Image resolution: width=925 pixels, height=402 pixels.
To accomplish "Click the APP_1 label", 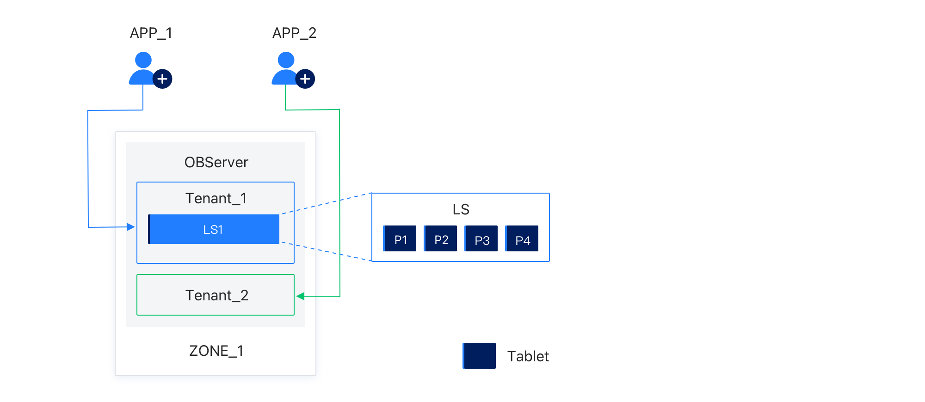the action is pos(151,33).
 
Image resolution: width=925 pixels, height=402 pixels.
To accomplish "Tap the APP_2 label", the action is pos(294,33).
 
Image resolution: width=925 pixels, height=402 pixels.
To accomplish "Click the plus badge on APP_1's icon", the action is pos(162,79).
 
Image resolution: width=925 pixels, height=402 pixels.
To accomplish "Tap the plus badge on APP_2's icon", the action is pos(305,79).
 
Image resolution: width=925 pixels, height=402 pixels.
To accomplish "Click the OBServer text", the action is pos(216,162).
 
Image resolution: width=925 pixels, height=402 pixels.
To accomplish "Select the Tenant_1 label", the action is pos(216,198).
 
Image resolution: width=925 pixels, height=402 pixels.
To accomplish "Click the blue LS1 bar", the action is pos(214,229).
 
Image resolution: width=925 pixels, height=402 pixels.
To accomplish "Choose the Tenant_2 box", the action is pos(216,295).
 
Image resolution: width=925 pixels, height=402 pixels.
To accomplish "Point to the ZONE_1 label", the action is pos(216,351).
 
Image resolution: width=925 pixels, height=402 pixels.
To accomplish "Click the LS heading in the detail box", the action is pos(461,209).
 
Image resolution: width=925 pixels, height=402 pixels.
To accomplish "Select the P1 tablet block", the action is pos(400,238).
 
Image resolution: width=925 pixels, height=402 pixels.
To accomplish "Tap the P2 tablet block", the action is pos(440,238).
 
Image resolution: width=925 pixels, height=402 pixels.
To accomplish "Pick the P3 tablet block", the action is pos(481,238).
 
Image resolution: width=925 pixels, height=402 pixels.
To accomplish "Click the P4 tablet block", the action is pos(522,238).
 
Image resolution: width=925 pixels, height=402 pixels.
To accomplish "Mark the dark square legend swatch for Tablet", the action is pos(479,356).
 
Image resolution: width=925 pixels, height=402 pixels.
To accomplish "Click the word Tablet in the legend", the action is pos(528,356).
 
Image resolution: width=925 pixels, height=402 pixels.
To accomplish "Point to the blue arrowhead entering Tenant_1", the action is pos(131,227).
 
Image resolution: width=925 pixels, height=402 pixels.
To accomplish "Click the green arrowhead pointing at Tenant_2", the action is pos(300,296).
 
